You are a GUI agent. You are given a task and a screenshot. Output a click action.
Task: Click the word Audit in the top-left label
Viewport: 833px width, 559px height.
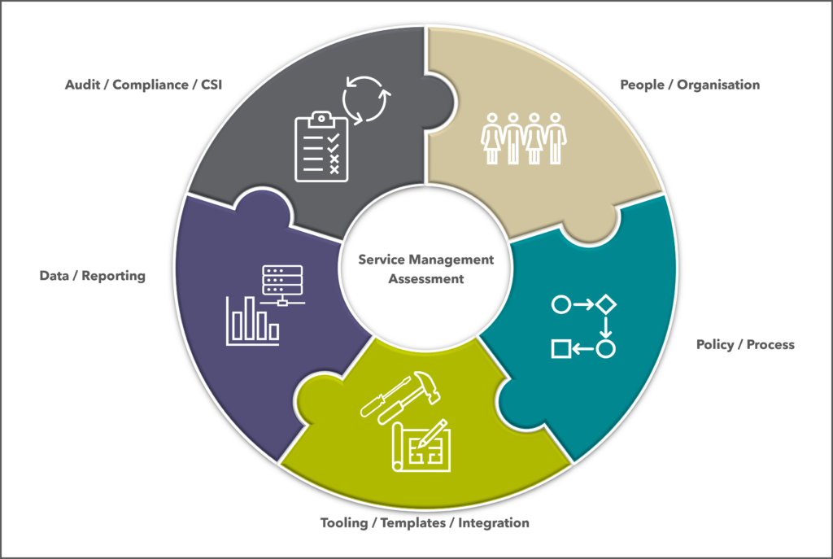point(82,85)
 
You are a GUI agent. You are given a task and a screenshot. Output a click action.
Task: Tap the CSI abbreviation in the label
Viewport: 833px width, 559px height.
point(212,85)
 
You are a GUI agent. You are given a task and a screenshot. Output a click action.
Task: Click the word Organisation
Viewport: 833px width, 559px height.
point(718,85)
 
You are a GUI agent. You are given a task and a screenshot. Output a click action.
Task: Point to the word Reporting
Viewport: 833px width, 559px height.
point(113,276)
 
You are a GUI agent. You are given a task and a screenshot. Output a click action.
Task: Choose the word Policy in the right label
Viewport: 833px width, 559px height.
point(715,345)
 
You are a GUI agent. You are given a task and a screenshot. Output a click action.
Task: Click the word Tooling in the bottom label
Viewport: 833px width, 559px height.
point(344,523)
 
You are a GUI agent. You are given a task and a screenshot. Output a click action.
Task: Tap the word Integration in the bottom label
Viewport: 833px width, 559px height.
point(494,523)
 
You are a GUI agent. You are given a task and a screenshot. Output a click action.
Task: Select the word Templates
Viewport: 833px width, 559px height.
point(412,523)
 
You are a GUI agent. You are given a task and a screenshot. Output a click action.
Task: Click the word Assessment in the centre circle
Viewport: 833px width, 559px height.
point(426,279)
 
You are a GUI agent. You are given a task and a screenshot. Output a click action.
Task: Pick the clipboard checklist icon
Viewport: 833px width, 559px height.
point(321,146)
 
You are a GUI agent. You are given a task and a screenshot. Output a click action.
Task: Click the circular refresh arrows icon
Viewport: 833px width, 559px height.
point(367,99)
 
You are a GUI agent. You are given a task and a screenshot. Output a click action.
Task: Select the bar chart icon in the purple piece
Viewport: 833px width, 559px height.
point(253,321)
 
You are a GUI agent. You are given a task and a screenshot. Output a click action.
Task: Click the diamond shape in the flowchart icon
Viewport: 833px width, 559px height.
point(605,304)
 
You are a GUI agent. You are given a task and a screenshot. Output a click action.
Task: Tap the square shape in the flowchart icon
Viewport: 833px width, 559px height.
point(561,349)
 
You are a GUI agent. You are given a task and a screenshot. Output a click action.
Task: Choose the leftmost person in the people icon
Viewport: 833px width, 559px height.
point(492,138)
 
